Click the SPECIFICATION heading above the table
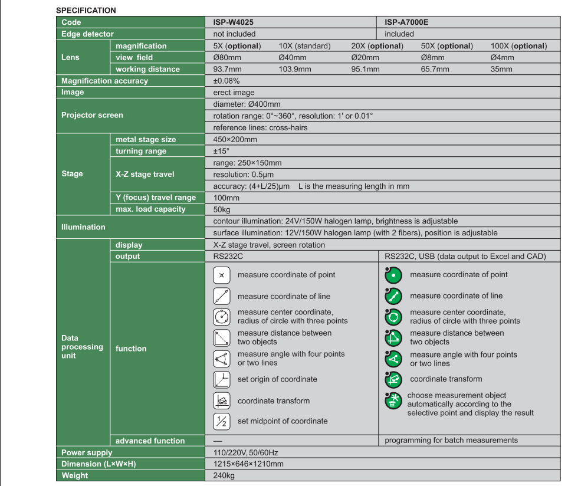point(86,11)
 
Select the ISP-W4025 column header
point(234,22)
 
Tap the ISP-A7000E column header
point(406,22)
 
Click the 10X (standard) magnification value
point(304,46)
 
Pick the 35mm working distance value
point(501,69)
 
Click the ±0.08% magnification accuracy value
point(226,81)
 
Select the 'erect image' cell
point(234,92)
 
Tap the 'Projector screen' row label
point(92,115)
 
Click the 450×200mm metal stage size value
point(235,140)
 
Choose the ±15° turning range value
point(221,151)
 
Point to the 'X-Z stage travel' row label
point(145,174)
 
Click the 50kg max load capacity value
point(222,209)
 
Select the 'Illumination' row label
point(83,227)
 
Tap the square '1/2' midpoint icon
point(221,421)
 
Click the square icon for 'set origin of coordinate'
point(221,379)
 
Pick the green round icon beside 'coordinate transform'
point(393,379)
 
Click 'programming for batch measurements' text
point(451,440)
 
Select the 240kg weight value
point(224,475)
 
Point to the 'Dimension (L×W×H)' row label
point(99,464)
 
